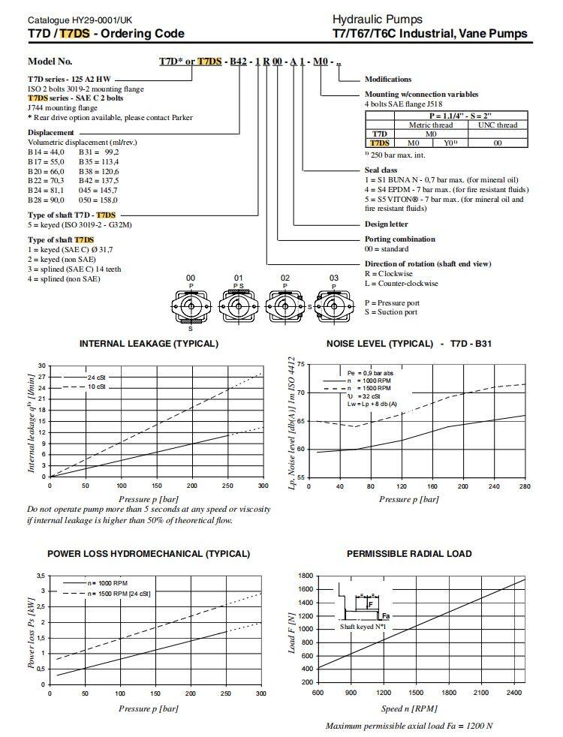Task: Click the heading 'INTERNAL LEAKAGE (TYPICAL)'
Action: (149, 344)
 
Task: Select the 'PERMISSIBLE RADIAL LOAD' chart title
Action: (409, 554)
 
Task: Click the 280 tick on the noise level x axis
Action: (524, 486)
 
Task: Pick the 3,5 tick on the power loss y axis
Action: (41, 576)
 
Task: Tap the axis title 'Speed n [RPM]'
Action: (410, 708)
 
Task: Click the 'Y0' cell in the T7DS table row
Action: (450, 142)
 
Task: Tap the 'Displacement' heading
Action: (50, 132)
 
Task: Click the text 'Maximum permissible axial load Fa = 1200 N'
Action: (409, 726)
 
